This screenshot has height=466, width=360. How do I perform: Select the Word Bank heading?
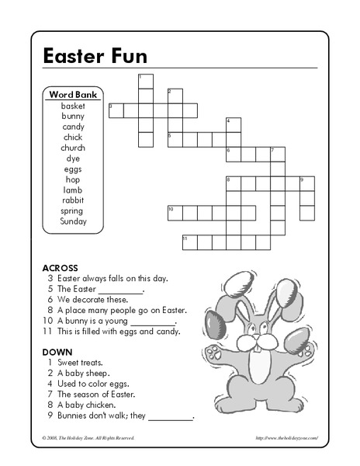click(73, 94)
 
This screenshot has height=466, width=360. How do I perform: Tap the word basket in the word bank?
click(73, 106)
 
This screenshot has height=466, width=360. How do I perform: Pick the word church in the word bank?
click(73, 148)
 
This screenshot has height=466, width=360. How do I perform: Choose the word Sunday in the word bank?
click(73, 221)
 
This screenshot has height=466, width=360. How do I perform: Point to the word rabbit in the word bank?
click(73, 200)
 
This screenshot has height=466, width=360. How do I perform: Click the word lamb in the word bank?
click(73, 190)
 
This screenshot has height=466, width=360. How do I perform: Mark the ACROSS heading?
click(60, 267)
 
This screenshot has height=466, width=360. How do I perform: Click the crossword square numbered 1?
click(145, 82)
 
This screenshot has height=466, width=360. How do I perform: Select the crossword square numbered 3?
click(116, 110)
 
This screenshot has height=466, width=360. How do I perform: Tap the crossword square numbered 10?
click(175, 213)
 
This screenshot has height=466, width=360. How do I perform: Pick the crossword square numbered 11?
click(189, 242)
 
